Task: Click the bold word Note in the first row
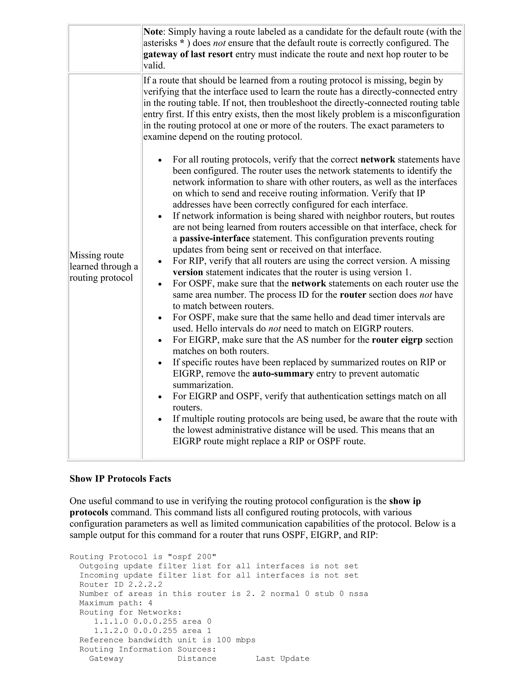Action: (153, 32)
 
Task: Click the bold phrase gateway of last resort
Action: (188, 55)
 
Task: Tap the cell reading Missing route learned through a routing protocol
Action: (104, 267)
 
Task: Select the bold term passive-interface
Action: (215, 239)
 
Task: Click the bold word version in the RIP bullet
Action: (188, 272)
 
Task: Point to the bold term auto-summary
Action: (283, 374)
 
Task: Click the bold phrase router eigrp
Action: (397, 340)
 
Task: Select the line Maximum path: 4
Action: (116, 603)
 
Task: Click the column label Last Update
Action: (282, 658)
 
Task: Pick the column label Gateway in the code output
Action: (106, 658)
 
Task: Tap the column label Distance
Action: (197, 658)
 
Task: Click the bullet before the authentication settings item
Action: (160, 397)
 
